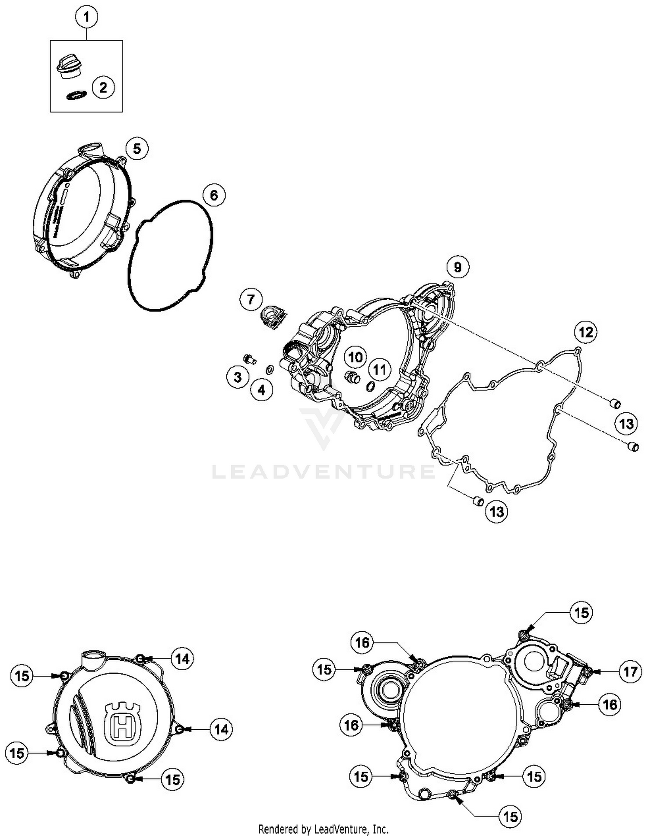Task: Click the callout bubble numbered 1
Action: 86,18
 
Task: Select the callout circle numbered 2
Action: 103,88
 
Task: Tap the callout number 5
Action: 137,149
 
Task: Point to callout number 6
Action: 214,196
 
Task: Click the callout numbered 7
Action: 251,299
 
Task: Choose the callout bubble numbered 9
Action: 457,267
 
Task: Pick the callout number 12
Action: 586,332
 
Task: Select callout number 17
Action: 630,671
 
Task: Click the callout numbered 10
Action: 356,357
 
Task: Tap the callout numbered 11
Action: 379,370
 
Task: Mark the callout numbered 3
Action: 238,377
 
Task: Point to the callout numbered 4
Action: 262,390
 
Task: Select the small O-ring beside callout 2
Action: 76,95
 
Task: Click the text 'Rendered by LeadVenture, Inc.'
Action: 323,829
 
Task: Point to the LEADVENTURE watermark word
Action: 323,472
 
